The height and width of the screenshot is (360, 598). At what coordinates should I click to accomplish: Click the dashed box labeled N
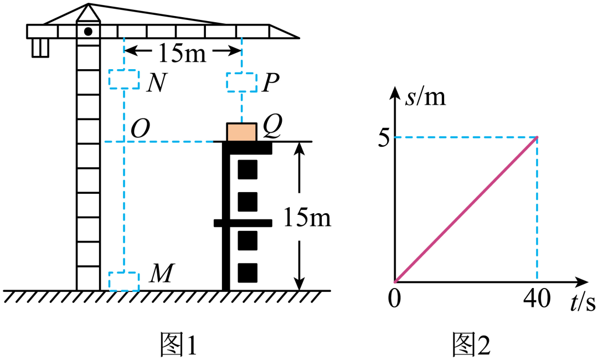pos(123,79)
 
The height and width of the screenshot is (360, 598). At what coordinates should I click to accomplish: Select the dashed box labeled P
pos(242,83)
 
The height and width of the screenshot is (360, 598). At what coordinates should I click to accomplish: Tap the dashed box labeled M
pos(123,281)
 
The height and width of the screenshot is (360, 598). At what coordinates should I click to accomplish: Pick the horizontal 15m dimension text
pos(182,53)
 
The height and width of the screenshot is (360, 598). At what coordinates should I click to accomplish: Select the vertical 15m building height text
pos(306,218)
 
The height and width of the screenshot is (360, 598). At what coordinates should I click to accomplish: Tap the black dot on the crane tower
pos(88,31)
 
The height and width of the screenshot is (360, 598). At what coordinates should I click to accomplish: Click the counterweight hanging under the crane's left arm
pos(40,47)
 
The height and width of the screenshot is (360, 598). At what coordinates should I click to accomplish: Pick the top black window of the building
pos(248,169)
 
